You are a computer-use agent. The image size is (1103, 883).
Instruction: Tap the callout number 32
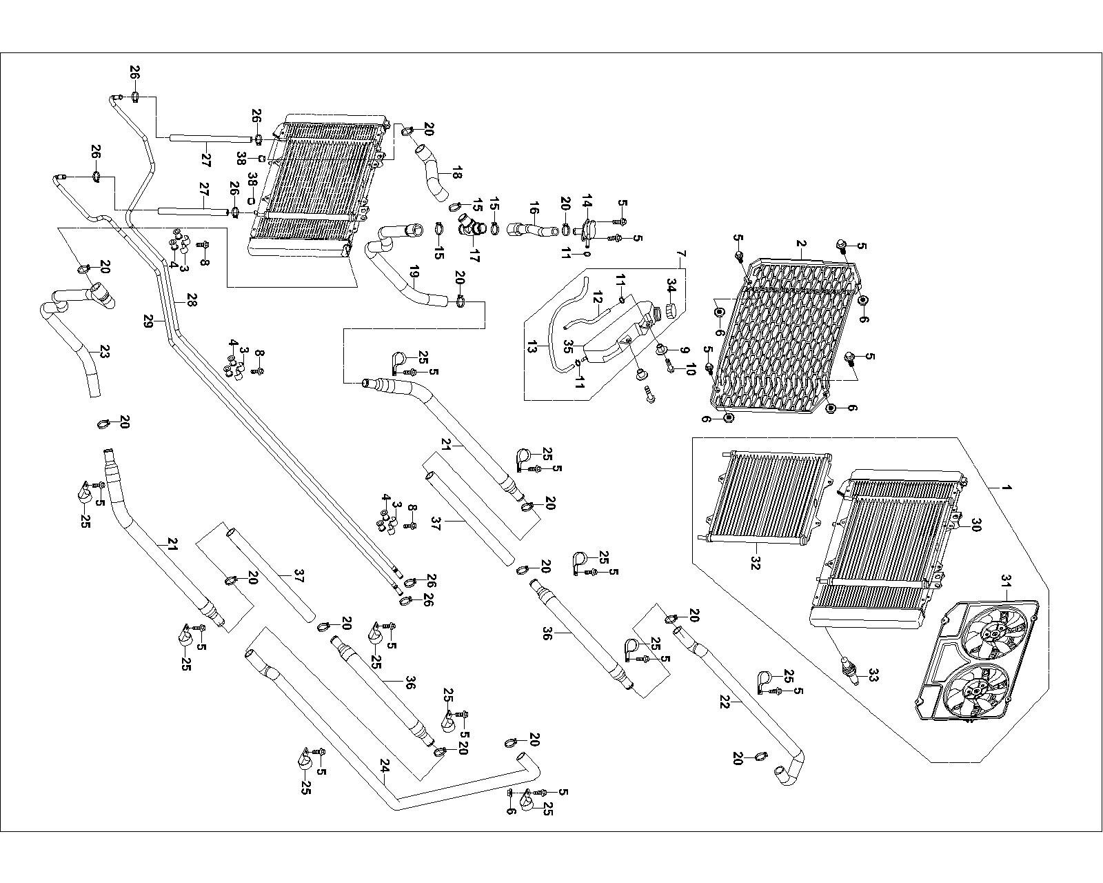click(756, 562)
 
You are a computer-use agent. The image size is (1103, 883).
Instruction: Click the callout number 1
click(1007, 488)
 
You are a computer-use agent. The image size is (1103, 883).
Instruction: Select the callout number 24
click(385, 764)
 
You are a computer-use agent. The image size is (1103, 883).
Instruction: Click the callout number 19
click(414, 277)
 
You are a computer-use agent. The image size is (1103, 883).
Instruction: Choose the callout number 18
click(456, 174)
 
